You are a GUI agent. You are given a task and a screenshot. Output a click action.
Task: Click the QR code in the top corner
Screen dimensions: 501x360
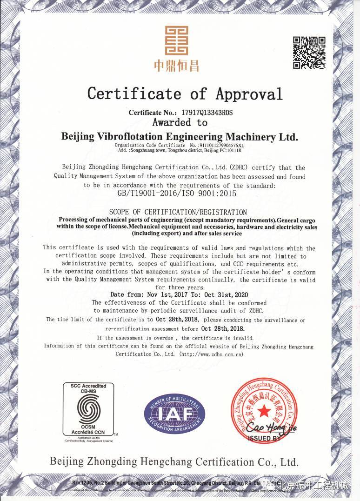[309, 52]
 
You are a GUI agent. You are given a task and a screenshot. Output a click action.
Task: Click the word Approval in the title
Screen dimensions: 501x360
[249, 94]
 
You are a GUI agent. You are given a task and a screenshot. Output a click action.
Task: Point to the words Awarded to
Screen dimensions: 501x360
[180, 123]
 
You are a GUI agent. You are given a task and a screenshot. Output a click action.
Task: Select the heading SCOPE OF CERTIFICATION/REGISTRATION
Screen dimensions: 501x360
[178, 212]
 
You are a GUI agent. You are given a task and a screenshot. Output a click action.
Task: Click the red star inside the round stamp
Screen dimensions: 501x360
[264, 409]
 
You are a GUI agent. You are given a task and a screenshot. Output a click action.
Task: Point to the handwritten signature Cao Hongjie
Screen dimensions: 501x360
[270, 426]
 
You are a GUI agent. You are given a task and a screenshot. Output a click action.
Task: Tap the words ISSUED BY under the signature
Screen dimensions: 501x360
[264, 438]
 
